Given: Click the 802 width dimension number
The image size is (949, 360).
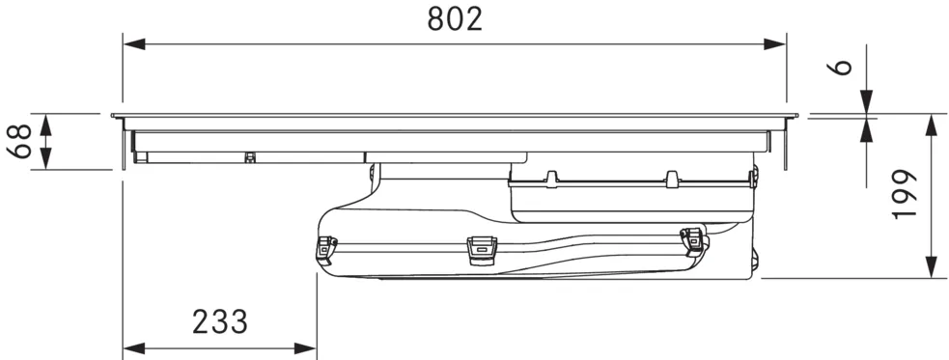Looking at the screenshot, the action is [455, 19].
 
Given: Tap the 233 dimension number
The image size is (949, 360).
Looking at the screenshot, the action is [220, 322].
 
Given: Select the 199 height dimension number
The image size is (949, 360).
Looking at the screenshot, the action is [905, 194].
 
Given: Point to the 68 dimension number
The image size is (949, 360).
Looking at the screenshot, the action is [22, 142].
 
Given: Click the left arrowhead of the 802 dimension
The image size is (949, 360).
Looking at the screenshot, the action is [134, 44].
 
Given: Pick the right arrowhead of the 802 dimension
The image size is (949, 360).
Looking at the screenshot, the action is [774, 44].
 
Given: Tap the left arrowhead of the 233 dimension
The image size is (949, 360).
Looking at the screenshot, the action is [134, 348].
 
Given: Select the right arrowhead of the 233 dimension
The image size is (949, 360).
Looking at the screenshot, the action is [305, 348].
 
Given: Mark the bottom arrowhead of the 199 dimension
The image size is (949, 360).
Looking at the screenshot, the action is [932, 266].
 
